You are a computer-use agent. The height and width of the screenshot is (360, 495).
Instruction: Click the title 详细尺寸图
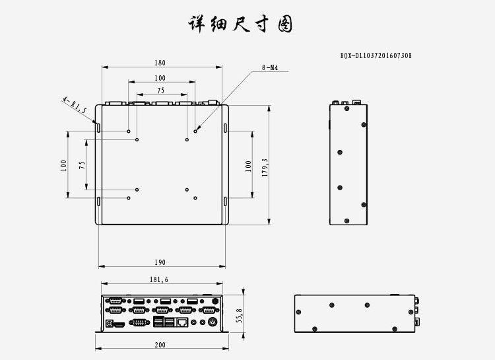pyautogui.click(x=240, y=24)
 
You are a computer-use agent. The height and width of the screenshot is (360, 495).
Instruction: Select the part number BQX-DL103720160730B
pyautogui.click(x=376, y=55)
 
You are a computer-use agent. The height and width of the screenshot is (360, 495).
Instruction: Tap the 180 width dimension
pyautogui.click(x=160, y=63)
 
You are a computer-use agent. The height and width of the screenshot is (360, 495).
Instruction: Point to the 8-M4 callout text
pyautogui.click(x=270, y=67)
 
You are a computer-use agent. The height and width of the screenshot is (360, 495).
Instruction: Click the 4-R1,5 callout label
pyautogui.click(x=75, y=104)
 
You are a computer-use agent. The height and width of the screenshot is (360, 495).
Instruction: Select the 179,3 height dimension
pyautogui.click(x=265, y=168)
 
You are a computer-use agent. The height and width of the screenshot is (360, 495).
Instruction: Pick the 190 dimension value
pyautogui.click(x=160, y=262)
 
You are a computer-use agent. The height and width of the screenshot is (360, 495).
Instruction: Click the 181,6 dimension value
pyautogui.click(x=159, y=279)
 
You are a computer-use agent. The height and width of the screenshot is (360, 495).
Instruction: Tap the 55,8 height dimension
pyautogui.click(x=240, y=316)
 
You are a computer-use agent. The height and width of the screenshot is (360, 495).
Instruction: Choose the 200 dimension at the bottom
pyautogui.click(x=160, y=345)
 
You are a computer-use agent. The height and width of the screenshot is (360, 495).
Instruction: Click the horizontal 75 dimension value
pyautogui.click(x=160, y=90)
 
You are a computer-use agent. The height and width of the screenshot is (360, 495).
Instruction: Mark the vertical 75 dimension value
pyautogui.click(x=82, y=165)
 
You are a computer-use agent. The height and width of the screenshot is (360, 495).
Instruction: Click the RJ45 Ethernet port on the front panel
pyautogui.click(x=182, y=322)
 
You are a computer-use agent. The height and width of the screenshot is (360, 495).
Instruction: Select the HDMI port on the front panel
pyautogui.click(x=119, y=324)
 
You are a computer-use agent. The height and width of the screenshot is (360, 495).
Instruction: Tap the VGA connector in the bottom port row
pyautogui.click(x=139, y=322)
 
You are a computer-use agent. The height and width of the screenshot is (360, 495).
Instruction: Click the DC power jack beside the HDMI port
pyautogui.click(x=109, y=323)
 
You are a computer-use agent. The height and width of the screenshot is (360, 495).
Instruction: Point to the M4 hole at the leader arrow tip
pyautogui.click(x=195, y=131)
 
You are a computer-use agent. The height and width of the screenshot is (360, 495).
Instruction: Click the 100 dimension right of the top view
pyautogui.click(x=248, y=166)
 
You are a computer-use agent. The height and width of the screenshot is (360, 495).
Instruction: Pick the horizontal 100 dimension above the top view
pyautogui.click(x=160, y=78)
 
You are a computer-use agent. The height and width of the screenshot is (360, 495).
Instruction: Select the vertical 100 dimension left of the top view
pyautogui.click(x=63, y=166)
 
